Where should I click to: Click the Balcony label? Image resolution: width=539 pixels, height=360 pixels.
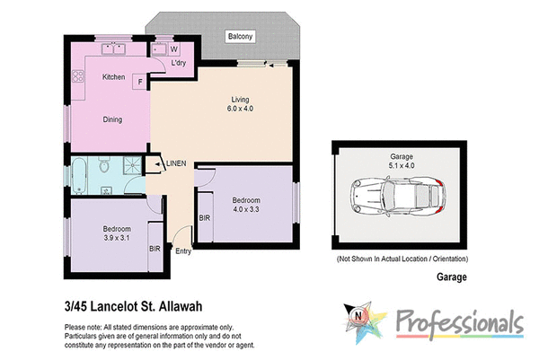241,37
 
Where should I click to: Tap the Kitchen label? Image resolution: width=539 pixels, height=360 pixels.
112,77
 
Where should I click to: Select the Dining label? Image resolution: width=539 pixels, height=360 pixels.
112,119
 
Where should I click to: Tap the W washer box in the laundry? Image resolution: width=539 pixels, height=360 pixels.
174,49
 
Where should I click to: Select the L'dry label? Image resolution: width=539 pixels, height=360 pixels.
178,64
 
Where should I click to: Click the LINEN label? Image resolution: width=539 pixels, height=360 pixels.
176,163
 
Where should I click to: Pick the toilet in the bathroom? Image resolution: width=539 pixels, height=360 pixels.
106,167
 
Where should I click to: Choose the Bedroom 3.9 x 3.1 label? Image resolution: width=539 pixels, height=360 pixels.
117,233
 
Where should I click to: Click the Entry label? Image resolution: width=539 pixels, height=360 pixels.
183,250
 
